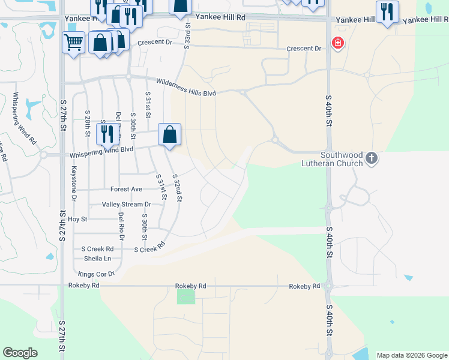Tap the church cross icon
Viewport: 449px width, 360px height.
tap(372, 158)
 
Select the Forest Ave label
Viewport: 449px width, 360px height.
tap(126, 189)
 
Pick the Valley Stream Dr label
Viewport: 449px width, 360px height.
tap(125, 205)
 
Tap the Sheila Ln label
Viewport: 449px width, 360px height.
tap(99, 259)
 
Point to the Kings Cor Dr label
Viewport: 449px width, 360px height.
tap(97, 274)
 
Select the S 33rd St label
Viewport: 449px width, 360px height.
tap(187, 30)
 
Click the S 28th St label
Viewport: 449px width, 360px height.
tap(88, 121)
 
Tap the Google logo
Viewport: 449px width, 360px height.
tap(20, 353)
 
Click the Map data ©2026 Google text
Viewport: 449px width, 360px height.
tap(412, 355)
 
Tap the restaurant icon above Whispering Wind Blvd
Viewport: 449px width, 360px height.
tap(107, 134)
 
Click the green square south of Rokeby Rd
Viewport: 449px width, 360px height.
tap(186, 296)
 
